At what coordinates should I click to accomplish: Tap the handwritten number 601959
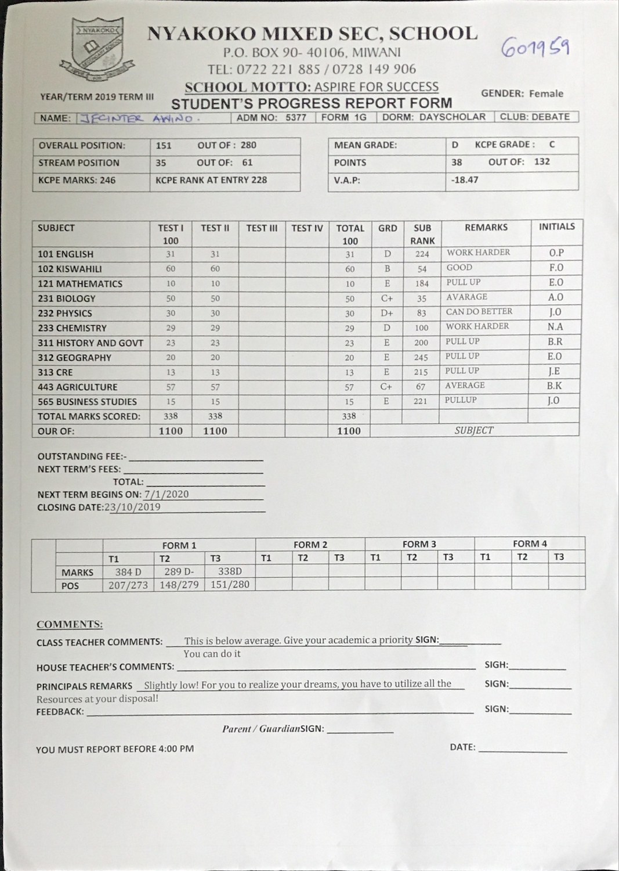pos(535,48)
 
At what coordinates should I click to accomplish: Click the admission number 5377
pos(296,117)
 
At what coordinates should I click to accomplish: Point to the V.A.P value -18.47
pos(465,180)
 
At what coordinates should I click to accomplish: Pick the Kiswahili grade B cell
pos(387,269)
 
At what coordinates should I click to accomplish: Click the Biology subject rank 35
pos(422,298)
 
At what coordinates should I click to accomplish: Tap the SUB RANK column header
pos(422,234)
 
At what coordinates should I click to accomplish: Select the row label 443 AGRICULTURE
pos(78,387)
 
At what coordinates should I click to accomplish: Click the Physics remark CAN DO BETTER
pos(479,312)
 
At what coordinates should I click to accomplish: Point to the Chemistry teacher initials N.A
pos(555,327)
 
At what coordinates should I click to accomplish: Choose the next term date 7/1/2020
pos(166,494)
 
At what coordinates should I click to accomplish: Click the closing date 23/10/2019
pos(132,507)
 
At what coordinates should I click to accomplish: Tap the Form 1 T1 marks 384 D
pos(128,572)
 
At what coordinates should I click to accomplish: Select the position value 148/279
pos(179,585)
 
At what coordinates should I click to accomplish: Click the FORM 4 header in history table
pos(530,544)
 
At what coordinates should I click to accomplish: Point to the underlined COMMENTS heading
pos(70,625)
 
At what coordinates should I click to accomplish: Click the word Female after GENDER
pos(546,93)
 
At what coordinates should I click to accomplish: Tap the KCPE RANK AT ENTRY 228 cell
pos(211,180)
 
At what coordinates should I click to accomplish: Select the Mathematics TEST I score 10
pos(171,284)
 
